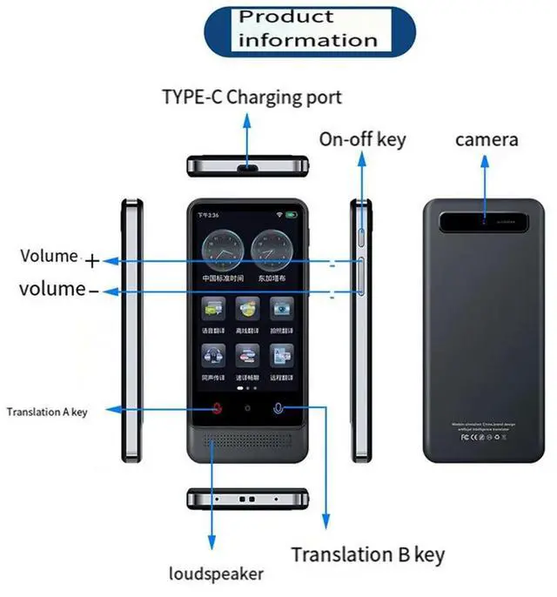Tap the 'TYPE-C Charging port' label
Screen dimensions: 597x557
[x=252, y=97]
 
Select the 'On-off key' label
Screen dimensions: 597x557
[x=362, y=138]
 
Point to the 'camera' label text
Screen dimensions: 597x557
[x=487, y=139]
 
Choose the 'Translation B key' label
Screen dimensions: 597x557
[x=367, y=554]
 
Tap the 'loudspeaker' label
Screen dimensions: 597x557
[x=216, y=574]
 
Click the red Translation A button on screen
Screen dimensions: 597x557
[x=217, y=408]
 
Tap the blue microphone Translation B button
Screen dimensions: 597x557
[x=278, y=408]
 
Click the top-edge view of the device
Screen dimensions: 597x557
[x=248, y=165]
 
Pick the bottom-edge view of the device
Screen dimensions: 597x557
[x=248, y=500]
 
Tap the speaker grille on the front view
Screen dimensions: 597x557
[x=248, y=443]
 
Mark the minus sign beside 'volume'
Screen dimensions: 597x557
[x=94, y=291]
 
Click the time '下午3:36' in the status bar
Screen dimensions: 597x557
[x=207, y=214]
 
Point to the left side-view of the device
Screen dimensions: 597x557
[x=131, y=331]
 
